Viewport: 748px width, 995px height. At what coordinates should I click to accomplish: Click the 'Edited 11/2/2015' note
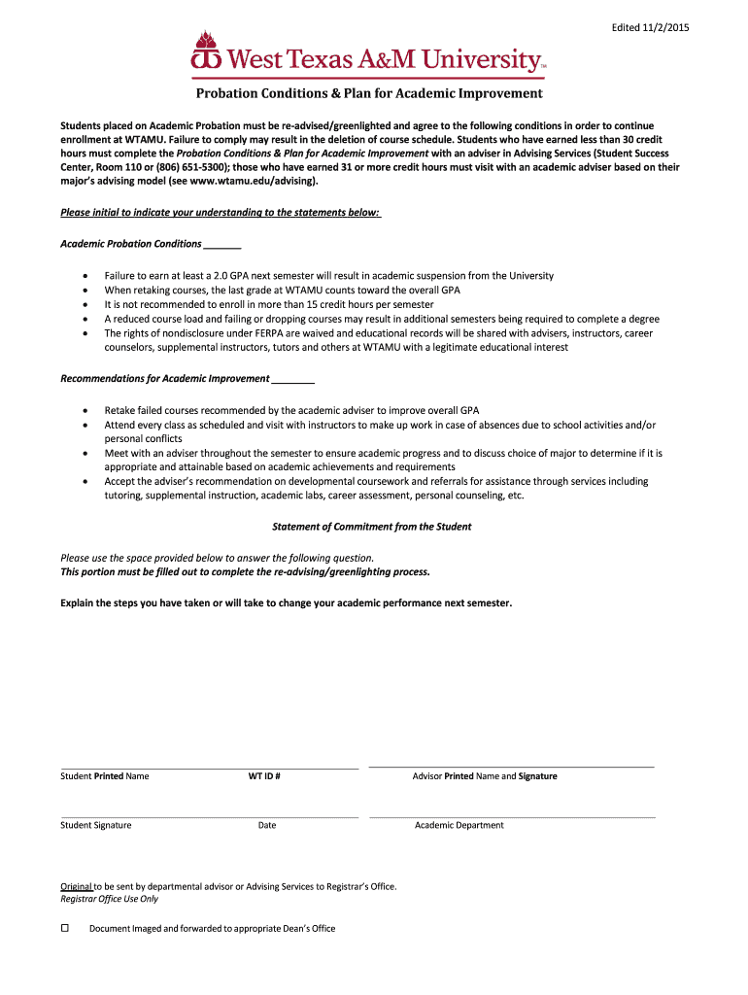tap(650, 27)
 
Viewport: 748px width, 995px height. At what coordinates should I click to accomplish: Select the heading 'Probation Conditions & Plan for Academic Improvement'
tap(369, 94)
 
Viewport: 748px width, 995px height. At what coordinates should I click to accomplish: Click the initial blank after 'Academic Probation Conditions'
tap(222, 245)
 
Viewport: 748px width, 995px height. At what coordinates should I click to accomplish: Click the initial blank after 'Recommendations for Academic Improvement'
tap(293, 379)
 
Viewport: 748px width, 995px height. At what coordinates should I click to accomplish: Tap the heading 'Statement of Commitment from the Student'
tap(371, 527)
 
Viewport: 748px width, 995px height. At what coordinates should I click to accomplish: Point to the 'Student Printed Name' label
tap(105, 776)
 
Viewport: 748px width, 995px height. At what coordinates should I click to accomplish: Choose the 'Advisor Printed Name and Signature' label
tap(485, 776)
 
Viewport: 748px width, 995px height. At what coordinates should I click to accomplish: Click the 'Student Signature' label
tap(96, 825)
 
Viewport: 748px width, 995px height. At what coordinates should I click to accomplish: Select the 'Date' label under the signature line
tap(267, 825)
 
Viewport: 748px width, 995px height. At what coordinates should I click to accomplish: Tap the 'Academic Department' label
tap(459, 825)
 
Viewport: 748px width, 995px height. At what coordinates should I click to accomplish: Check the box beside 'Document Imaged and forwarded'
tap(66, 928)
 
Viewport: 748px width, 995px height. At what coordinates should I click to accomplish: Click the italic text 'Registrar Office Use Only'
tap(109, 899)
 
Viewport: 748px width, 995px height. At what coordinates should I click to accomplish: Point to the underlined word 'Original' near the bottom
tap(76, 886)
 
